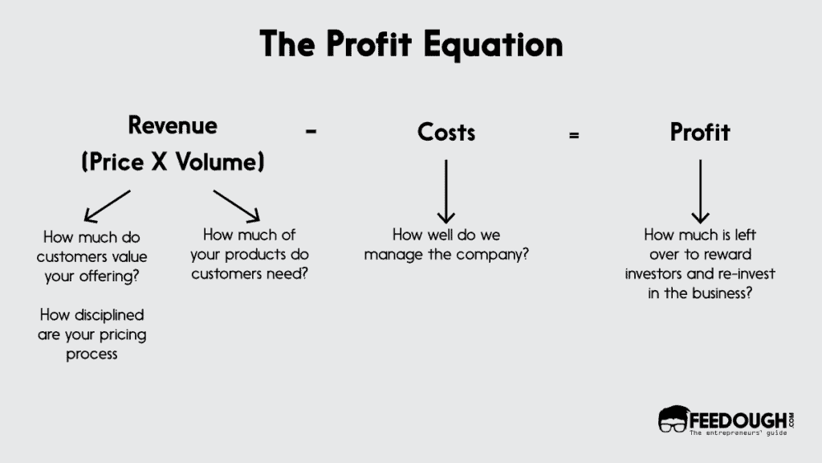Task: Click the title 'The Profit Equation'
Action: click(x=410, y=44)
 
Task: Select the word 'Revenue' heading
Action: click(x=173, y=125)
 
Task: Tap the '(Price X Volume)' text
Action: click(x=173, y=162)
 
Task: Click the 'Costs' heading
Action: click(x=446, y=132)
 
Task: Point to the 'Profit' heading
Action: click(x=700, y=132)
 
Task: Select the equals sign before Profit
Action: click(x=573, y=135)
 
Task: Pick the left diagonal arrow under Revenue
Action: click(x=107, y=205)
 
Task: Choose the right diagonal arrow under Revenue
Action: click(x=237, y=205)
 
